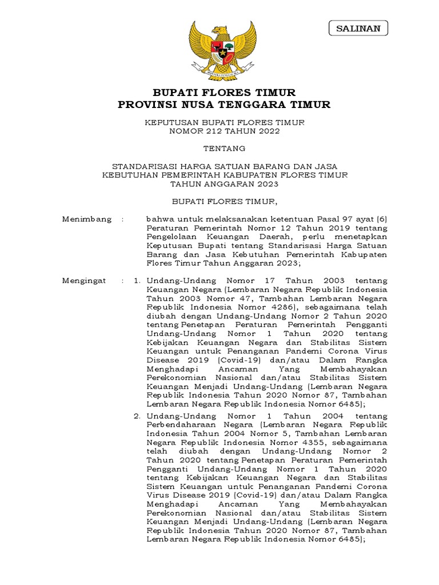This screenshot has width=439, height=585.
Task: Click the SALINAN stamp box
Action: point(358,27)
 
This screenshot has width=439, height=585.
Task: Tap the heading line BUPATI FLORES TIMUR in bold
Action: point(224,93)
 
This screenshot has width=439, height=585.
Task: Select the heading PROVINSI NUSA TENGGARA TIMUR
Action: point(224,105)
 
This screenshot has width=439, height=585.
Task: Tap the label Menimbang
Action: point(87,219)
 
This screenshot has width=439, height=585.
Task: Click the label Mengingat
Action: point(86,281)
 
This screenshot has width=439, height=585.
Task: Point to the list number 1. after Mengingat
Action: point(137,281)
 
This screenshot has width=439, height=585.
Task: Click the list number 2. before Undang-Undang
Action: point(137,416)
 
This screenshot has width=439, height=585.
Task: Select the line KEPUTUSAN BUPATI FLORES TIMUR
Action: point(224,122)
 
